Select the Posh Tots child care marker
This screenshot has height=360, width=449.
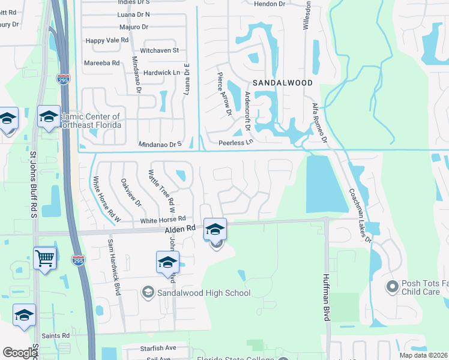click(x=393, y=287)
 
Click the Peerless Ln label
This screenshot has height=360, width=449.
click(x=236, y=143)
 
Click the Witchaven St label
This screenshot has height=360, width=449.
click(x=159, y=50)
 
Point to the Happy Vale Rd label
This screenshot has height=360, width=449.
click(x=107, y=40)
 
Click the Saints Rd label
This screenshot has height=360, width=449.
click(x=56, y=335)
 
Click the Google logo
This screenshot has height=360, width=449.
click(x=19, y=353)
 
